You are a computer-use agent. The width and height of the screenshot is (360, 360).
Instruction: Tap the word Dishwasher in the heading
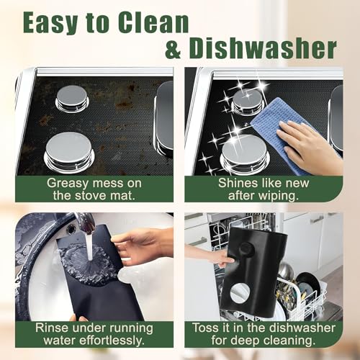coord(263,48)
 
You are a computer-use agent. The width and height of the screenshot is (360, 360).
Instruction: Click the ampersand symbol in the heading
coord(173,48)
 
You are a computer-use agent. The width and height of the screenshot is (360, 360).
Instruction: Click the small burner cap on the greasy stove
coord(72,99)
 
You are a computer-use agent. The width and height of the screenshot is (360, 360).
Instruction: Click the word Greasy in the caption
coord(68,184)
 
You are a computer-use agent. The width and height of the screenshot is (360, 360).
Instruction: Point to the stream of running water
coord(89,246)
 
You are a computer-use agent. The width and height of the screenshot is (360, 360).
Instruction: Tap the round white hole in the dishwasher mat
coord(240,294)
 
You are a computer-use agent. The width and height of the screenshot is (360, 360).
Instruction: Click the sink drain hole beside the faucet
coord(71,230)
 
